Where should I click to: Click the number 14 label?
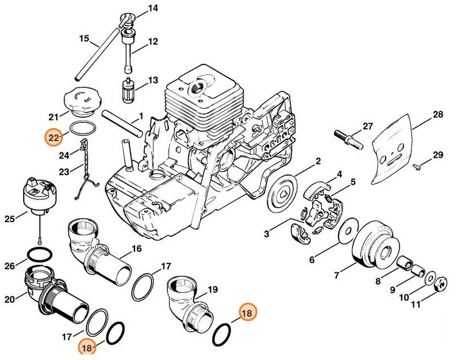(x=153, y=8)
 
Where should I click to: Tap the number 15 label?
(x=84, y=39)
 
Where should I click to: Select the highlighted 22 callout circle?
(x=53, y=137)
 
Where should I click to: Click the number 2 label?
(x=318, y=161)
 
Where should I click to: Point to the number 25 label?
(x=9, y=219)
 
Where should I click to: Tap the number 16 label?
(x=136, y=249)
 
